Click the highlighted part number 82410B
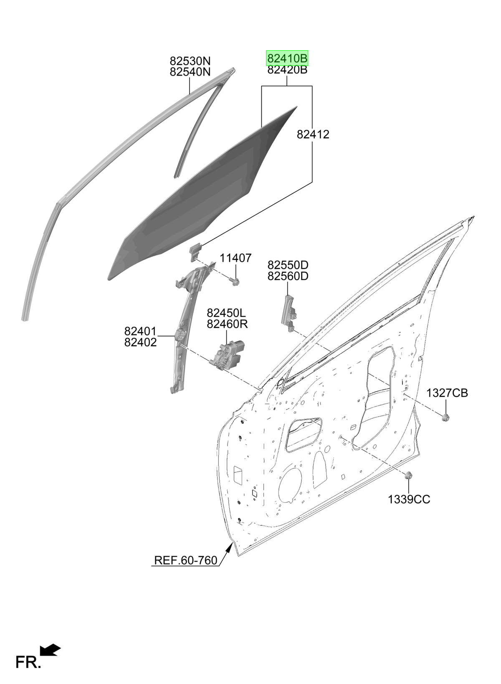pyautogui.click(x=287, y=58)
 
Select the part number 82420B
pyautogui.click(x=287, y=70)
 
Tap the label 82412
pyautogui.click(x=313, y=134)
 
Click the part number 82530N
pyautogui.click(x=190, y=61)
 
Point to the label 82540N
pyautogui.click(x=190, y=72)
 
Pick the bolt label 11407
pyautogui.click(x=236, y=258)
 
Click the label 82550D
pyautogui.click(x=288, y=265)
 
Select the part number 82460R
pyautogui.click(x=227, y=324)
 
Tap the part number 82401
pyautogui.click(x=140, y=331)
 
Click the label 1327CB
pyautogui.click(x=447, y=393)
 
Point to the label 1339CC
pyautogui.click(x=409, y=499)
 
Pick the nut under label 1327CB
pyautogui.click(x=446, y=417)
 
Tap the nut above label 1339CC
pyautogui.click(x=408, y=475)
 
